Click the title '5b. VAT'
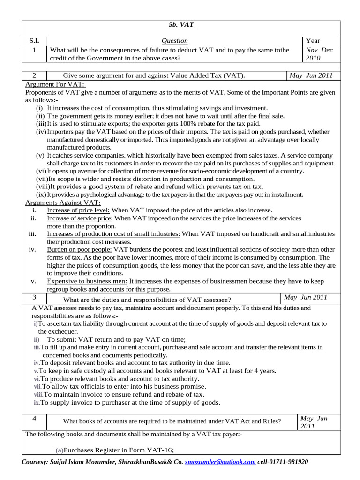(x=182, y=25)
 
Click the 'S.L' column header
(x=34, y=41)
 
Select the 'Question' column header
(x=174, y=41)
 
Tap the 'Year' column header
(x=313, y=41)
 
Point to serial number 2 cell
(x=34, y=75)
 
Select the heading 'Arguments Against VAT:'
(x=62, y=202)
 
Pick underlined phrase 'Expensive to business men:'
(x=87, y=281)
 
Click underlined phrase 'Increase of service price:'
(x=80, y=218)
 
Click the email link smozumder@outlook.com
(x=220, y=462)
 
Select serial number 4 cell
(x=34, y=418)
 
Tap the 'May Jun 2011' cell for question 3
(x=306, y=297)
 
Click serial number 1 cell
(x=34, y=50)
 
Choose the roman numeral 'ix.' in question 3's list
(x=36, y=403)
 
